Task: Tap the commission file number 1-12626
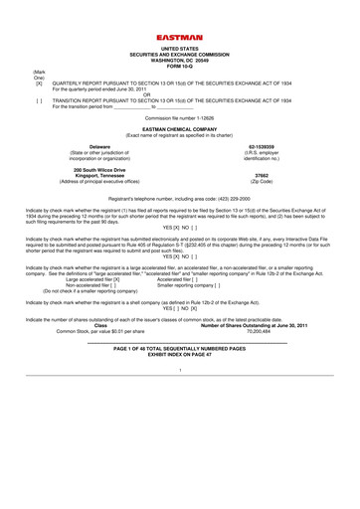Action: (179, 118)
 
